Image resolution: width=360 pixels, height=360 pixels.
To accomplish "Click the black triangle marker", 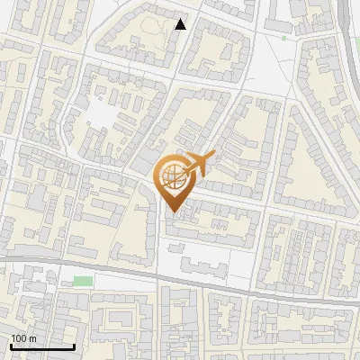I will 181,24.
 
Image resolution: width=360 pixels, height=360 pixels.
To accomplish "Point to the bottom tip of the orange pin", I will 172,212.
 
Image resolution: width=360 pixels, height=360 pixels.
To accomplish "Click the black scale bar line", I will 42,346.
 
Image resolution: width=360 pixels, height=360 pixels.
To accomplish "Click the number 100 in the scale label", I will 19,338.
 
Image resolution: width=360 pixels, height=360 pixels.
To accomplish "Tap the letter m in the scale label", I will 32,338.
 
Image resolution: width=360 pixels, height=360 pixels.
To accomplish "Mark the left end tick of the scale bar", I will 11,345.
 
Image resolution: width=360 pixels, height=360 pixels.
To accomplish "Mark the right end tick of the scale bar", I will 74,345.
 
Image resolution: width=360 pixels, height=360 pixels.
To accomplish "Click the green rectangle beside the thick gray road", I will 83,281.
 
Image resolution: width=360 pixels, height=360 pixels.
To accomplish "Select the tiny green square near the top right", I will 283,38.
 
